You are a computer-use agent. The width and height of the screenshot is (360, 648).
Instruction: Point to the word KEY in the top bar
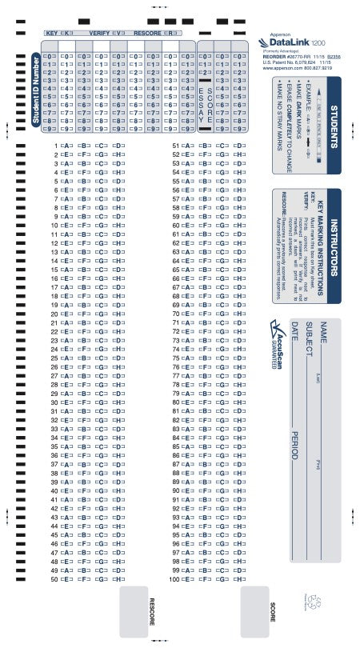(53, 34)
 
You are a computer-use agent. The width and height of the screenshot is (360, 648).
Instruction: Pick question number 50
(54, 601)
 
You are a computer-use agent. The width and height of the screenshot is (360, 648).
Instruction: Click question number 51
(174, 146)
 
